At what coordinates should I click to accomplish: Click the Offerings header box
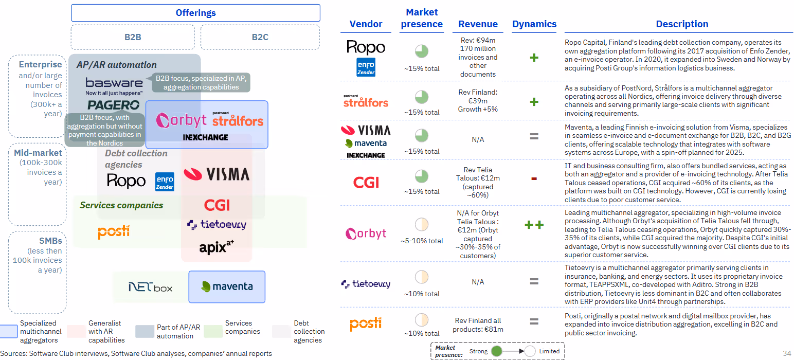[195, 13]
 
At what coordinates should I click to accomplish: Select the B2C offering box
[260, 37]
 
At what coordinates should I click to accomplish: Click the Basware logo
[114, 83]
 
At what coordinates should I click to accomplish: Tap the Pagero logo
[113, 105]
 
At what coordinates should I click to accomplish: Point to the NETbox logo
[150, 287]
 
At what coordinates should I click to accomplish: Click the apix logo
[216, 247]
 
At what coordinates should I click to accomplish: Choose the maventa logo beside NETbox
[227, 286]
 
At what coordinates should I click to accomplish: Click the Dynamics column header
[534, 24]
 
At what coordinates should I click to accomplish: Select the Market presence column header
[422, 18]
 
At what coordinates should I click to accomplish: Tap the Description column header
[682, 24]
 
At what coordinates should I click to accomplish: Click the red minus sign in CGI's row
[534, 179]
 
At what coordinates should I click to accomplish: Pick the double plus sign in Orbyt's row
[534, 225]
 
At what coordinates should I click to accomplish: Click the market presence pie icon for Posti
[422, 319]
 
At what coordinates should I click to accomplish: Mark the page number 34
[787, 353]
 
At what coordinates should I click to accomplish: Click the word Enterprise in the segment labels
[40, 65]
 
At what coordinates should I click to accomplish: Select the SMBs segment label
[50, 241]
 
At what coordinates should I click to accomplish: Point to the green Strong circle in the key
[497, 351]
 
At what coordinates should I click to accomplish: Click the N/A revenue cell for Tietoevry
[478, 282]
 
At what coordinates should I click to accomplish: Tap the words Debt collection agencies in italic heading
[136, 159]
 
